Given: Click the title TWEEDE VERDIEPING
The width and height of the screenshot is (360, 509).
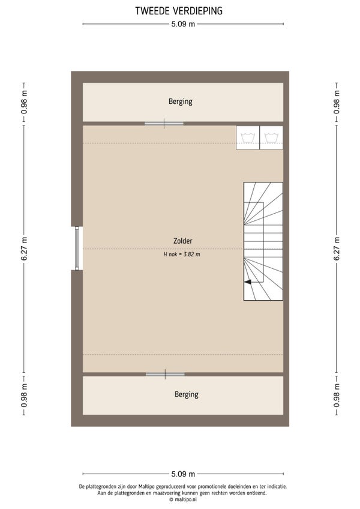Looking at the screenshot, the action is point(179,11).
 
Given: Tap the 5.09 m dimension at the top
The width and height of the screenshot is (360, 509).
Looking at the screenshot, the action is point(183,24).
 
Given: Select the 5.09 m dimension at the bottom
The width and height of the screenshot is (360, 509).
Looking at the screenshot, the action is point(183,474).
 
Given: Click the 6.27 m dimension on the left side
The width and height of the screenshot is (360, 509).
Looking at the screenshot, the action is point(25,249).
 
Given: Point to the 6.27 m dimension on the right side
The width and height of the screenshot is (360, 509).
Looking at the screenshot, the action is point(337,249).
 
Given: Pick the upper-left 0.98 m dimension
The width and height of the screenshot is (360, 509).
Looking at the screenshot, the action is point(25,102).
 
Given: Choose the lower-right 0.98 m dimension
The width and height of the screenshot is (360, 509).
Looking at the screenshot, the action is point(337,395).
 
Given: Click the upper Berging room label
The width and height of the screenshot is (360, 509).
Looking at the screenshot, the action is point(181,101).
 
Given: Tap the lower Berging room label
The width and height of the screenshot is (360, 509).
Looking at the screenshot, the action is point(187,394).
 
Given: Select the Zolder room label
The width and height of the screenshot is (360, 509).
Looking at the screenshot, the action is point(183,241).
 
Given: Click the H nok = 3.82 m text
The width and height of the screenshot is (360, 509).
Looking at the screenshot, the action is point(182,254).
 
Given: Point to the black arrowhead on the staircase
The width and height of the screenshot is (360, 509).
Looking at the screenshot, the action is point(248,282).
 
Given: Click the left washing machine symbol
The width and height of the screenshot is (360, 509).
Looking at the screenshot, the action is point(248,137).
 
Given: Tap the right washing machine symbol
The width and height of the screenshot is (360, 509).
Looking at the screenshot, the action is point(271,137).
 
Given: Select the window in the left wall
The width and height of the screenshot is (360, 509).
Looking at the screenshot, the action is point(77,248).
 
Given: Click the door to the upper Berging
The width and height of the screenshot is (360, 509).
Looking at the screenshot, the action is point(164,124).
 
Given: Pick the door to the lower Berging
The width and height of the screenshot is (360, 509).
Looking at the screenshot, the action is point(165,375).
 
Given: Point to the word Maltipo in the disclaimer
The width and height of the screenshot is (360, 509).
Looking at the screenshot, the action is point(146,487).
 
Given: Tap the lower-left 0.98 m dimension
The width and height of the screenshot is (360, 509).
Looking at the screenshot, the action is point(25,395).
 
